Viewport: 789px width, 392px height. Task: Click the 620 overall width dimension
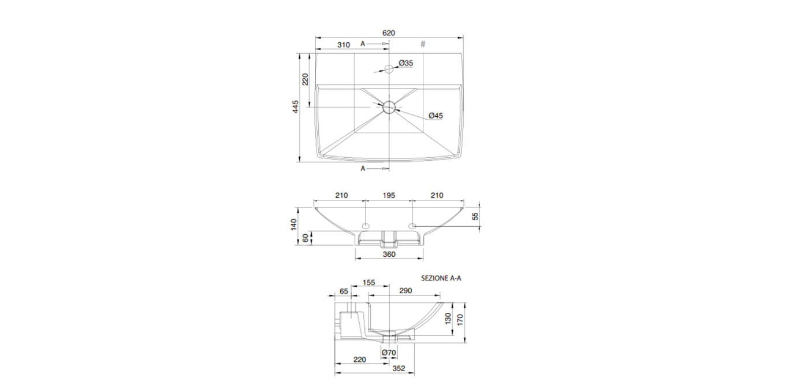click(389, 33)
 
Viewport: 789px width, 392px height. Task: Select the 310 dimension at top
click(344, 45)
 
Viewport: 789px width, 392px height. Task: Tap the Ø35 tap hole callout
click(406, 63)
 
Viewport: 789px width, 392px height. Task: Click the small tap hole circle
click(389, 68)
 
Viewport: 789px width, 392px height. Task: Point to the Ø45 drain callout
click(436, 116)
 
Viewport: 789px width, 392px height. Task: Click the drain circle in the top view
click(389, 107)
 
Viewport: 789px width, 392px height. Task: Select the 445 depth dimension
click(296, 107)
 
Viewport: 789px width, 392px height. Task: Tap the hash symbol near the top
click(423, 44)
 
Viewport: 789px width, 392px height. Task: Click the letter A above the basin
click(363, 44)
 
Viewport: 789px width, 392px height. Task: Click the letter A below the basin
click(363, 169)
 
